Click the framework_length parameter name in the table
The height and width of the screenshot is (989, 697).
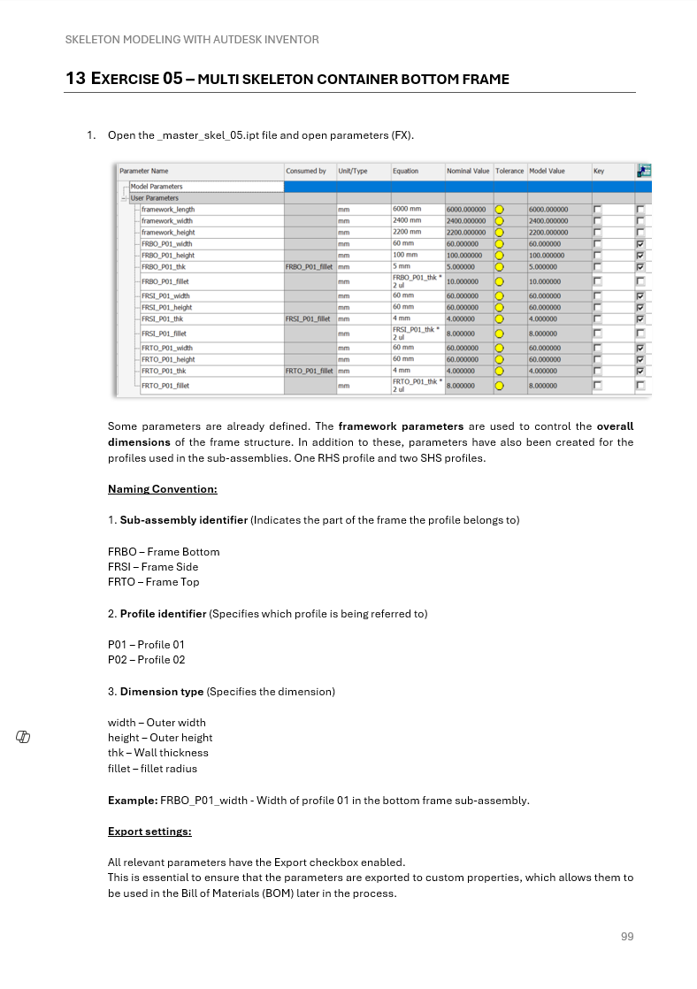coord(168,210)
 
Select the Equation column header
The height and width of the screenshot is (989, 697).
coord(406,171)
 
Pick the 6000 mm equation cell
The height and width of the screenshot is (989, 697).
coord(407,210)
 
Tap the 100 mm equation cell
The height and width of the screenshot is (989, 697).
coord(405,255)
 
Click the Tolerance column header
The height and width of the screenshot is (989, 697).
coord(509,171)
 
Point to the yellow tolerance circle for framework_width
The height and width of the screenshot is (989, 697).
coord(500,221)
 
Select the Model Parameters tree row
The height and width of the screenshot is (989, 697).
coord(157,187)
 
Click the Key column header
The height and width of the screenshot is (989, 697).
coord(599,171)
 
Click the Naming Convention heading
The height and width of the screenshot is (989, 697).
coord(162,489)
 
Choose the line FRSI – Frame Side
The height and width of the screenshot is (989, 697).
coord(153,567)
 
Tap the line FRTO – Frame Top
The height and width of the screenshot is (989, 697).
coord(154,582)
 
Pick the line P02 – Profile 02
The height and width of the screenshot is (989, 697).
coord(146,660)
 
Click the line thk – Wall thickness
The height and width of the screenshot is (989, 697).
coord(158,753)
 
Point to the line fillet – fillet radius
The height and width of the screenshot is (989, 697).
coord(152,769)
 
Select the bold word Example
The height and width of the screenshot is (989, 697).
coord(132,801)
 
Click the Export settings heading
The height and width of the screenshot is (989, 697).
coord(149,832)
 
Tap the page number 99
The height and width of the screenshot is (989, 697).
coord(627,937)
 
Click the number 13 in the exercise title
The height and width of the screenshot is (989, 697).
coord(75,79)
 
